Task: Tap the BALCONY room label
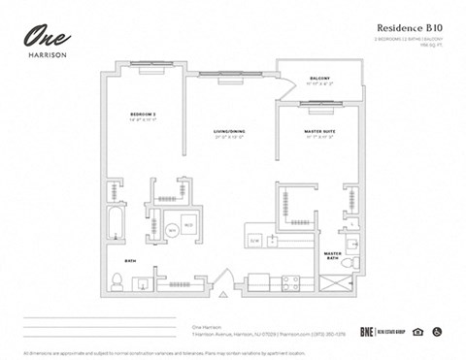click(x=319, y=77)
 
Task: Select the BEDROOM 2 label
click(x=143, y=115)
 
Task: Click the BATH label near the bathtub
click(x=130, y=261)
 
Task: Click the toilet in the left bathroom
click(x=116, y=282)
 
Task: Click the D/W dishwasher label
click(x=255, y=240)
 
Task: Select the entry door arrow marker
click(x=222, y=293)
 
